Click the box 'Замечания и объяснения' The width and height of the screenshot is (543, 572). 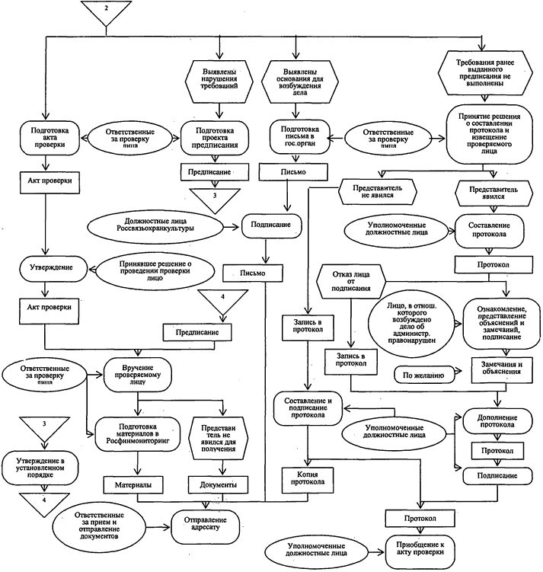[x=499, y=369]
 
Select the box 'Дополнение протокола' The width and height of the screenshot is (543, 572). [x=497, y=423]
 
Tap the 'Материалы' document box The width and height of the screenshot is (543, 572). [x=136, y=484]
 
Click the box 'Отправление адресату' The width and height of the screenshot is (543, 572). [x=206, y=524]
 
